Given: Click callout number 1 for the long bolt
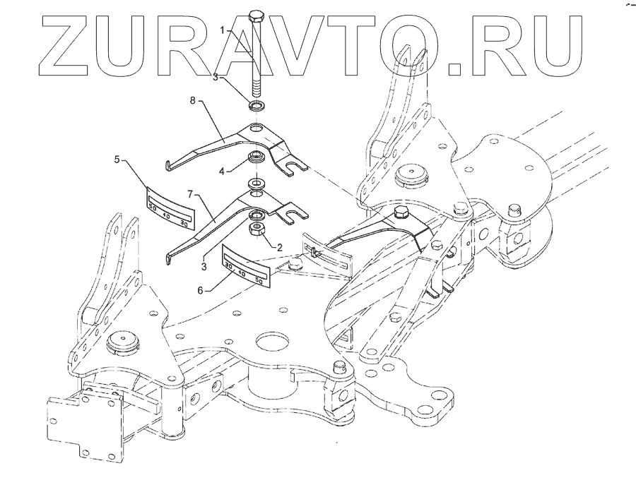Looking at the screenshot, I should [222, 30].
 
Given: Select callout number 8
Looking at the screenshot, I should [192, 100].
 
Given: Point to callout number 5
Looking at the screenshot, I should [117, 160].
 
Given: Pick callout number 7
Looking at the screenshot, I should [191, 193].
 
